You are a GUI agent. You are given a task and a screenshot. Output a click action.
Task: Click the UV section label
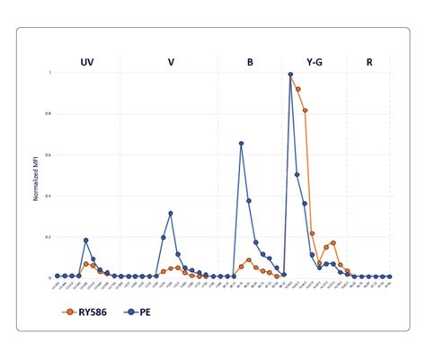[x=87, y=62]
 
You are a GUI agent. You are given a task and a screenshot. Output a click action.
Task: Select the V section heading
[x=171, y=62]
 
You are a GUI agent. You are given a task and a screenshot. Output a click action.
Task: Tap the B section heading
[x=250, y=62]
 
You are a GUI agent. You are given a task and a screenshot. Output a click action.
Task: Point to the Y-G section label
[x=315, y=62]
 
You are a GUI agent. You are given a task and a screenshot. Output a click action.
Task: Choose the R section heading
[x=369, y=62]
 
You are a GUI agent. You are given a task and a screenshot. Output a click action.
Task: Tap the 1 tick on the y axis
[x=50, y=73]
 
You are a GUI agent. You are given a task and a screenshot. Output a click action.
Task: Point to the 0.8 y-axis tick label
[x=49, y=114]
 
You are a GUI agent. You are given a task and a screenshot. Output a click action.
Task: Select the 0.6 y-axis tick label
[x=49, y=154]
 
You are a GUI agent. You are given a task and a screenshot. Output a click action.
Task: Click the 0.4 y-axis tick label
[x=49, y=196]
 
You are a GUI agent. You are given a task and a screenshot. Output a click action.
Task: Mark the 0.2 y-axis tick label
[x=49, y=237]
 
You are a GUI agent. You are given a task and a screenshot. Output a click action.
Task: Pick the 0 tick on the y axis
[x=50, y=277]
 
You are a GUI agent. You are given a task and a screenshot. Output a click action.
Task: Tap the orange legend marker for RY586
[x=70, y=312]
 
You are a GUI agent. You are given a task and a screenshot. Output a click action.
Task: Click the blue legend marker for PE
[x=130, y=312]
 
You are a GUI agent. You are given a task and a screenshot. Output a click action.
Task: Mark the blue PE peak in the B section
[x=241, y=144]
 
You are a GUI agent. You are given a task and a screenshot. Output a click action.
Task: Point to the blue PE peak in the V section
[x=171, y=214]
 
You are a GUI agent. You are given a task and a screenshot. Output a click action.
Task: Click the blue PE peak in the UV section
[x=86, y=241]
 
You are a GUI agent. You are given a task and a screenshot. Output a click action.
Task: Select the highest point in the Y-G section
[x=290, y=75]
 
